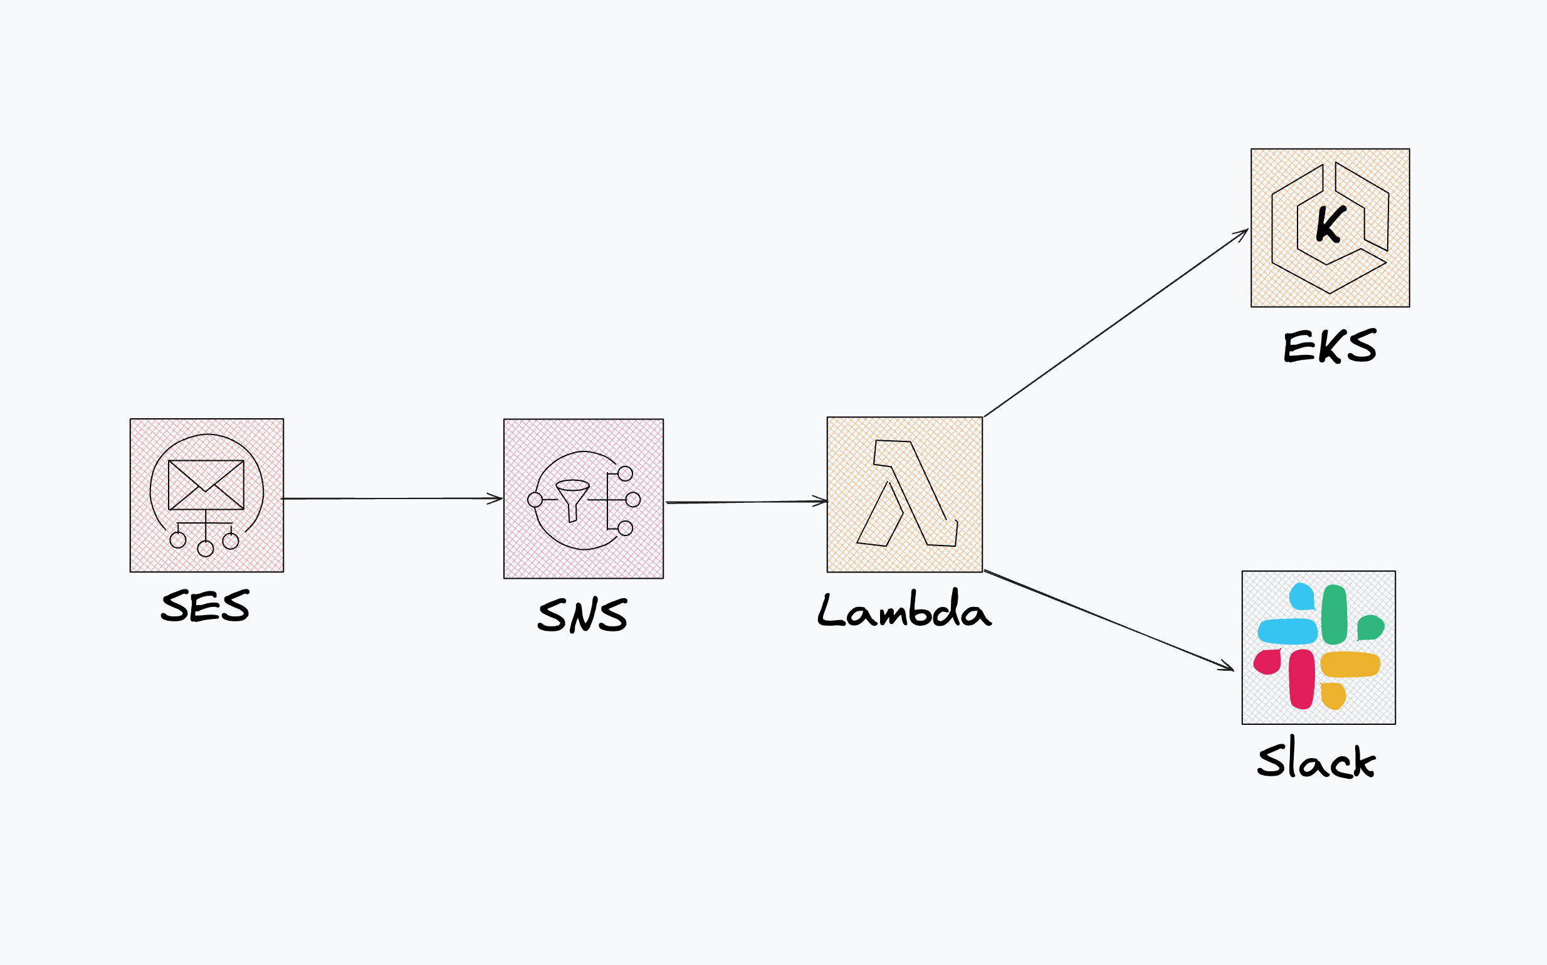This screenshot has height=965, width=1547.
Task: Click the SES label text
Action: click(x=205, y=606)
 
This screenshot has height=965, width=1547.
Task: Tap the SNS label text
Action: click(x=582, y=615)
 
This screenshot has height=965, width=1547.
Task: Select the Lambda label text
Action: click(x=904, y=609)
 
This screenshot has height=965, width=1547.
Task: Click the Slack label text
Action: click(x=1316, y=759)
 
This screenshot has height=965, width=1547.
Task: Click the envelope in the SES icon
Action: click(x=206, y=485)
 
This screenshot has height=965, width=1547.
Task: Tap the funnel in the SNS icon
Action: click(x=572, y=498)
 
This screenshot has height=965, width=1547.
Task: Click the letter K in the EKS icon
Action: click(x=1331, y=224)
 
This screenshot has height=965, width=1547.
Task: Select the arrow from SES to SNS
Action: click(x=392, y=498)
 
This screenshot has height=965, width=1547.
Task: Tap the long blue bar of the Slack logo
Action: click(x=1287, y=631)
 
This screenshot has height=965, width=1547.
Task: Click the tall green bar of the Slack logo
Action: click(x=1334, y=614)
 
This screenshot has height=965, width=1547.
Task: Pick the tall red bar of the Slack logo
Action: click(x=1301, y=680)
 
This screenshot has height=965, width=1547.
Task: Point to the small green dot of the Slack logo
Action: click(x=1370, y=627)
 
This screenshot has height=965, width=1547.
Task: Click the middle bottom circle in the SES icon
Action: click(x=206, y=548)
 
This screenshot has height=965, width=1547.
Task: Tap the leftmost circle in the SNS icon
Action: click(x=535, y=499)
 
